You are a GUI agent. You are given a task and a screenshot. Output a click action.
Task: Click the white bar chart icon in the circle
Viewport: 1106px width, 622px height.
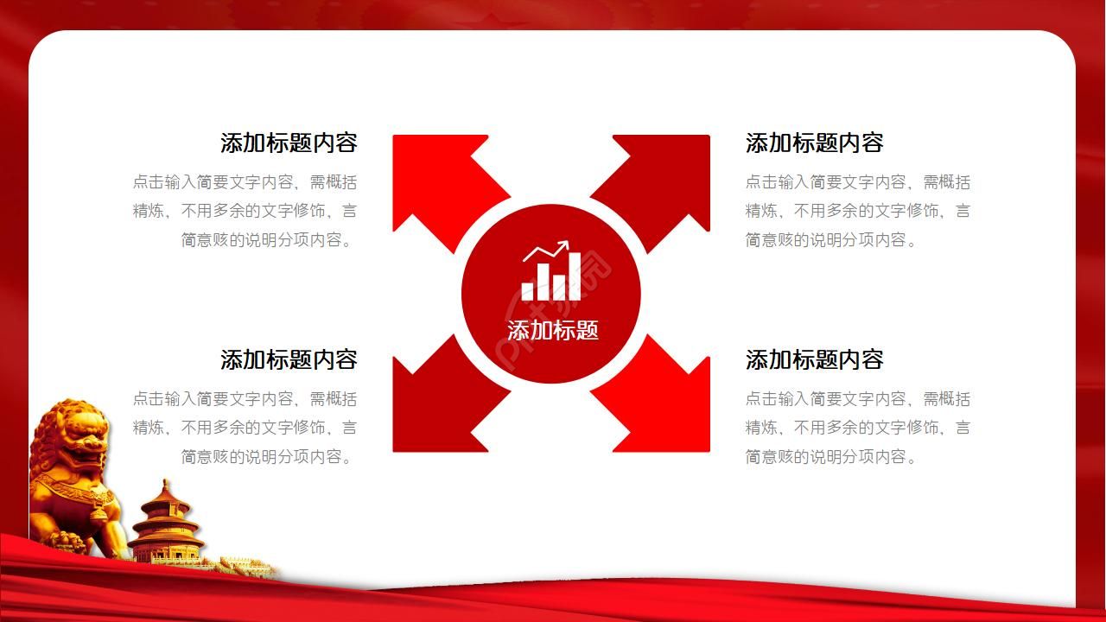[546, 275]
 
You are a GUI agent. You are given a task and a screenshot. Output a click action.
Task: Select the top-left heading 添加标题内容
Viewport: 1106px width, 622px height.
[289, 143]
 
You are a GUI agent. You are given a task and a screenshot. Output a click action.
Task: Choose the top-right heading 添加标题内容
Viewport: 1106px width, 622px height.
[814, 143]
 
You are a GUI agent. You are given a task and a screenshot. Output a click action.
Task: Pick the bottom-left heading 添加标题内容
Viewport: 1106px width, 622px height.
[289, 359]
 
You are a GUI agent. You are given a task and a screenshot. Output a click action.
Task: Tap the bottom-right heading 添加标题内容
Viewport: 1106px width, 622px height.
[814, 359]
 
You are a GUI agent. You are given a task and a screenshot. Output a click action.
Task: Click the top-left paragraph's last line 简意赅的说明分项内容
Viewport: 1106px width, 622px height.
[268, 240]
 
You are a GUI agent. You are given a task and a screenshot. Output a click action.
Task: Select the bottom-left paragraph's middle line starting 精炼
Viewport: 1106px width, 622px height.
[245, 428]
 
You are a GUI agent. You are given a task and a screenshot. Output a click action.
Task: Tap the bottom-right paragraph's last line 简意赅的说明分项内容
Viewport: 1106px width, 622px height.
[831, 457]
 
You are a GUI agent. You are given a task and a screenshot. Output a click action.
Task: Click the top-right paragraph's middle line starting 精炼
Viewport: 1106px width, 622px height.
[858, 211]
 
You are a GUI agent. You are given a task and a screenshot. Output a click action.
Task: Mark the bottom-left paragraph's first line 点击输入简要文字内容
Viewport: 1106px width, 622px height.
[245, 399]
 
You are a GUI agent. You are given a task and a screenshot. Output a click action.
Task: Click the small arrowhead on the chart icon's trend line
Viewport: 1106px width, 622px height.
[564, 246]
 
